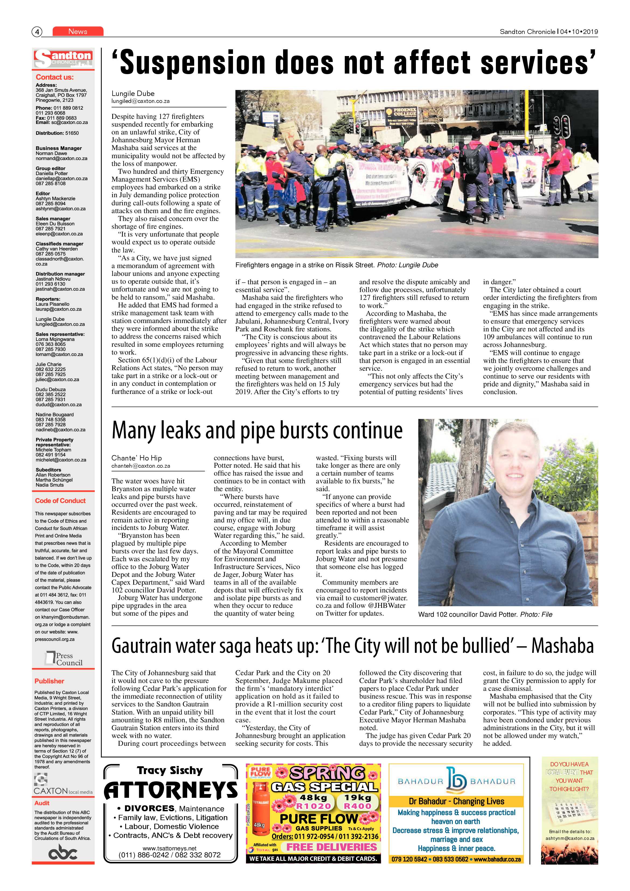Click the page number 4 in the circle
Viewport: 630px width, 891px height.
pyautogui.click(x=37, y=32)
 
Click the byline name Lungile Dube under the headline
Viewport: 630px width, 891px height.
pyautogui.click(x=133, y=93)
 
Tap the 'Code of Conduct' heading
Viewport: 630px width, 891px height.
pyautogui.click(x=60, y=501)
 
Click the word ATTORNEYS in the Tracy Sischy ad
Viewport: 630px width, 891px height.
pyautogui.click(x=171, y=791)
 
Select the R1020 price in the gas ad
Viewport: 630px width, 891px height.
pyautogui.click(x=314, y=806)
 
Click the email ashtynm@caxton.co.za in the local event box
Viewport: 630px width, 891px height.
pyautogui.click(x=569, y=838)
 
